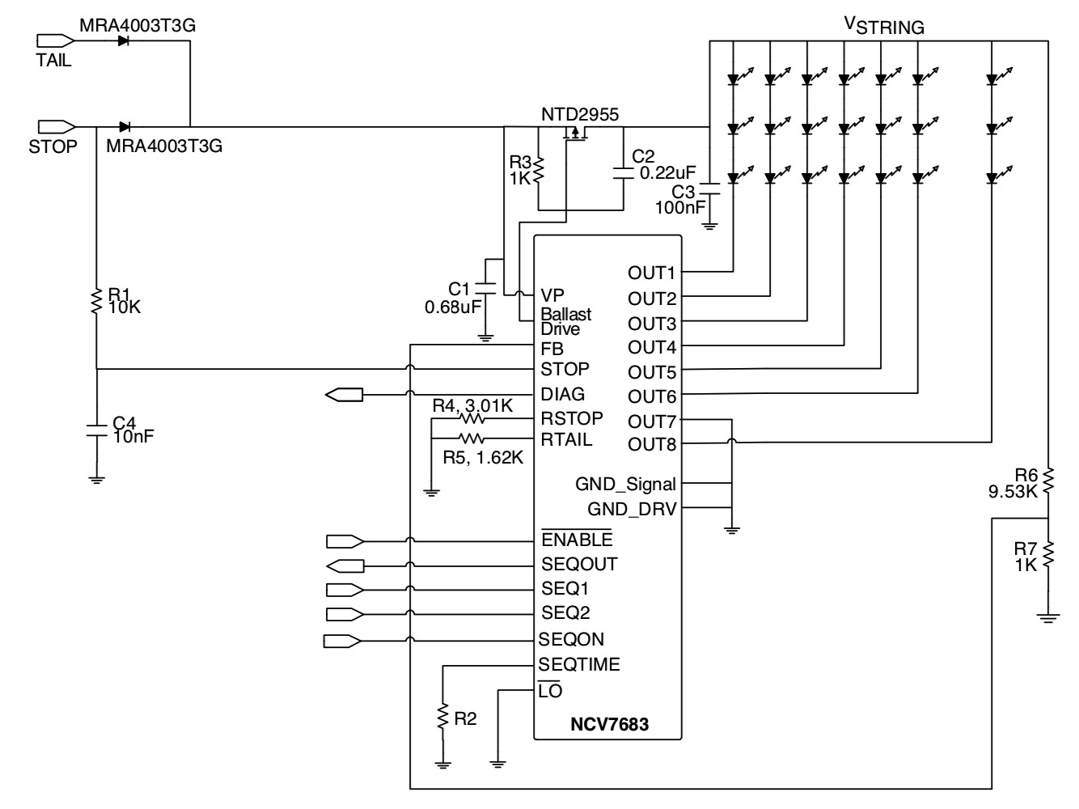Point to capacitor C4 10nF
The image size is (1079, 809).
click(x=96, y=428)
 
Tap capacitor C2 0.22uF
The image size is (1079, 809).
click(x=623, y=172)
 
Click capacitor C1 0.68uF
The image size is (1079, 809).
click(x=485, y=288)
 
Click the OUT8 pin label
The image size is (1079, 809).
click(x=652, y=444)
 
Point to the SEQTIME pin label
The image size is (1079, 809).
click(x=580, y=665)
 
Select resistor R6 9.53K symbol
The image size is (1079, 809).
click(x=1048, y=481)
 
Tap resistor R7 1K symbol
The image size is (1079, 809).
click(x=1048, y=556)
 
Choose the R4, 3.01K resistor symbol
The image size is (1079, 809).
click(x=472, y=419)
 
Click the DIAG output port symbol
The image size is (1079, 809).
click(x=345, y=395)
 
